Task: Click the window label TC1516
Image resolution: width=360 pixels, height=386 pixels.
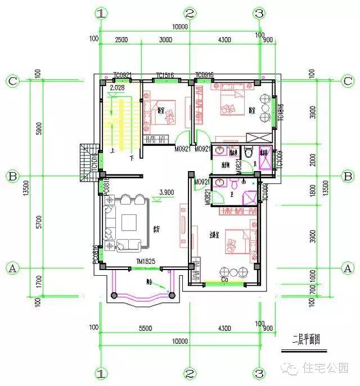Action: [166, 75]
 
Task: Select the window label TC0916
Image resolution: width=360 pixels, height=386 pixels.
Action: [205, 75]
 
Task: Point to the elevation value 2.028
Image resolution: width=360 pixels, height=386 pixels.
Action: [117, 88]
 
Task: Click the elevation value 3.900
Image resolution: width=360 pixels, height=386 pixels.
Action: [166, 192]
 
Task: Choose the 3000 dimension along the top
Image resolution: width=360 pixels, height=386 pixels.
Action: [165, 40]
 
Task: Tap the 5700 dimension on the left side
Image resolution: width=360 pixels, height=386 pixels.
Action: [38, 222]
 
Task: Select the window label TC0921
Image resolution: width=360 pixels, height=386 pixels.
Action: [122, 75]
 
